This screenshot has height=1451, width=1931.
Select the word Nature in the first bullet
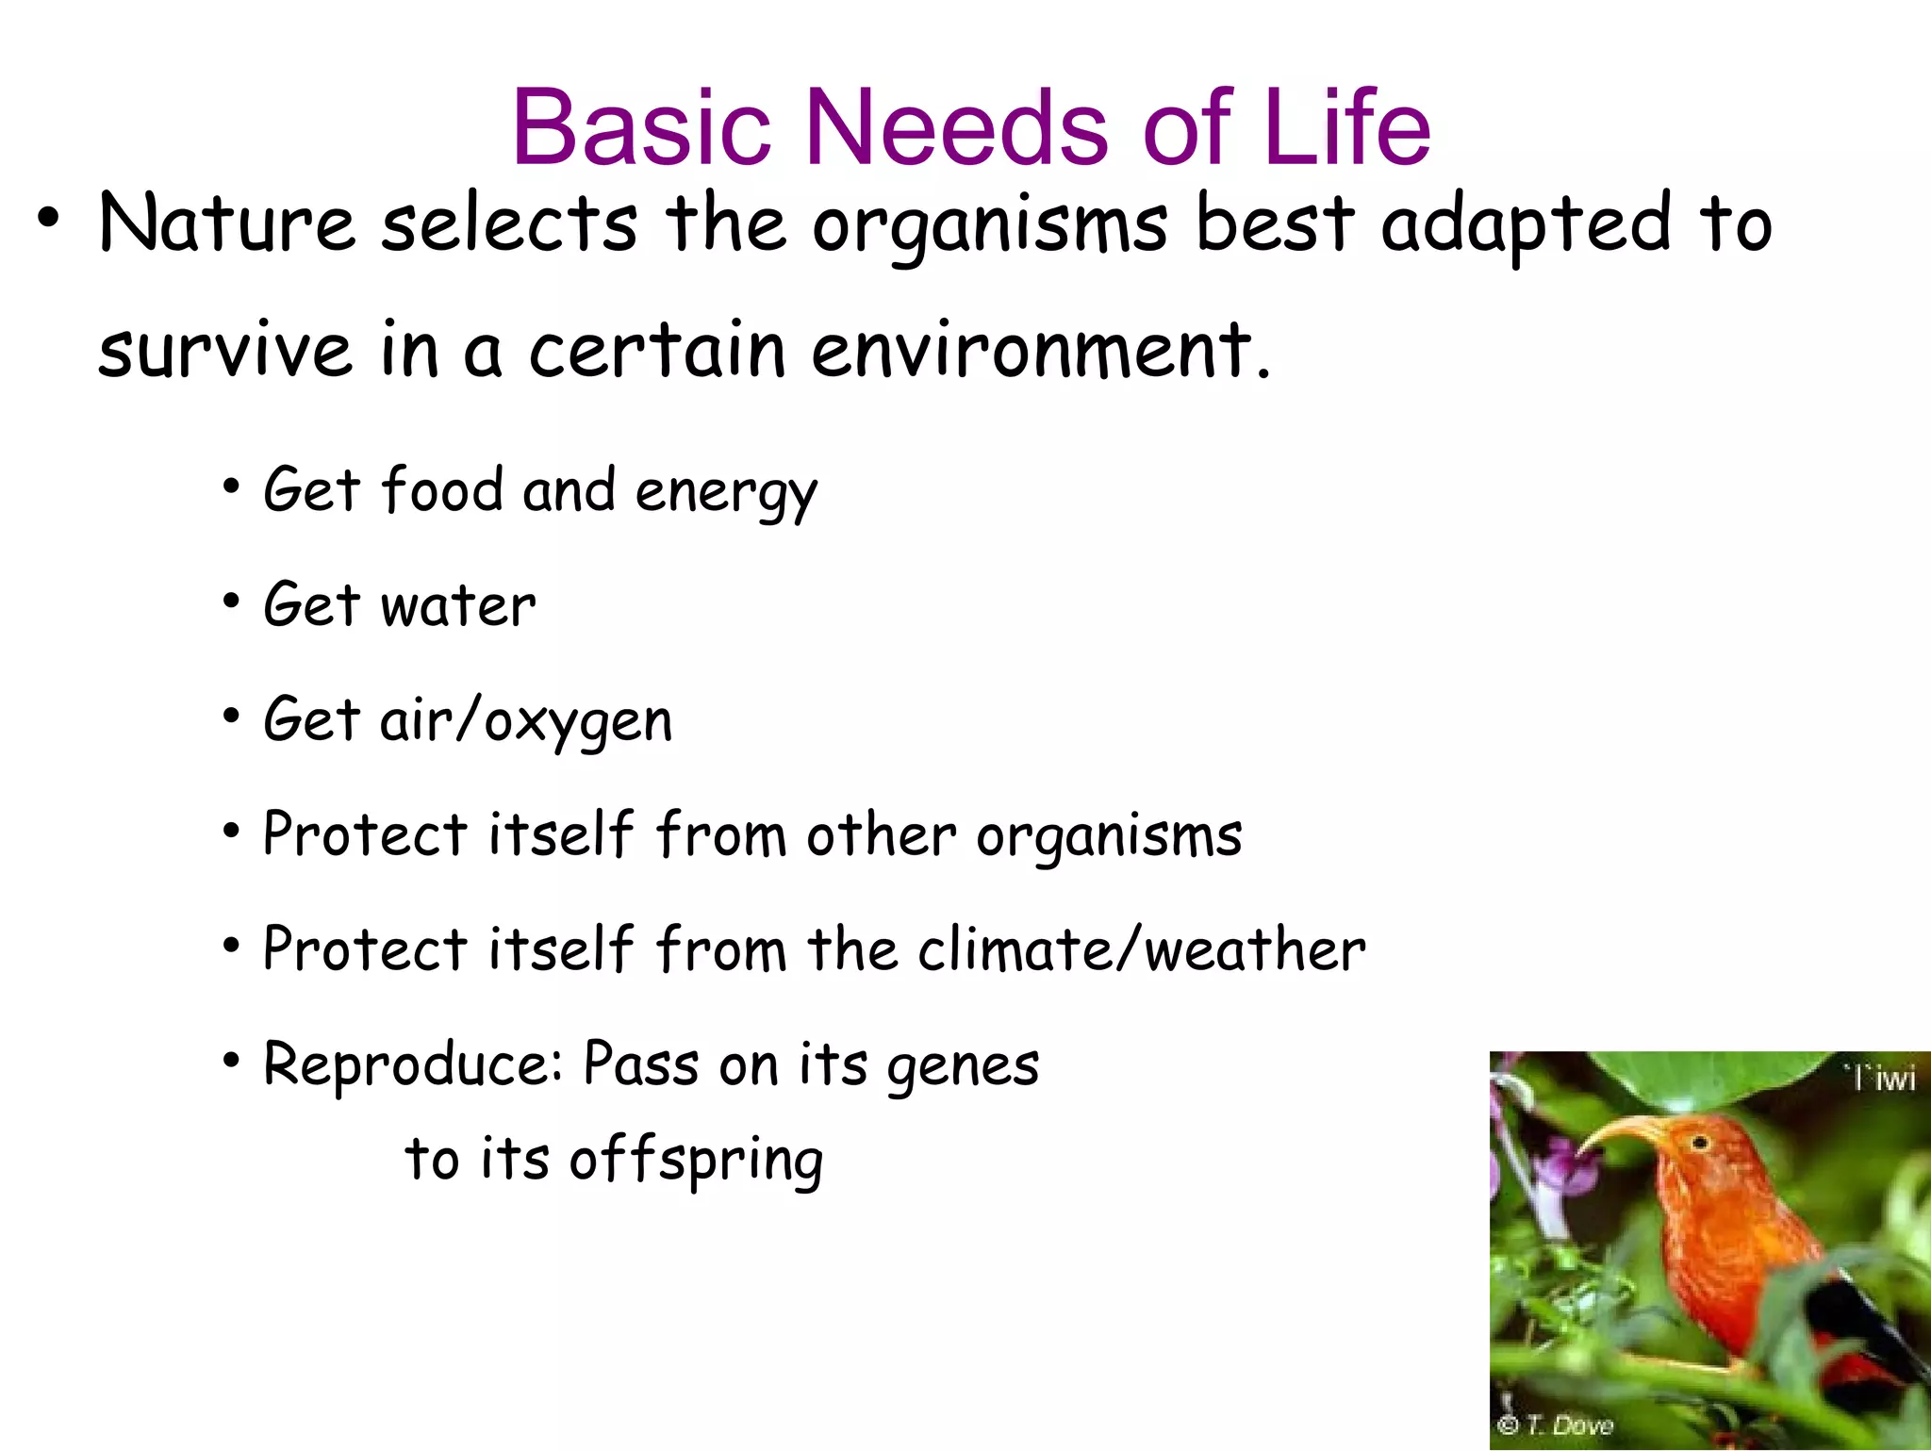227,223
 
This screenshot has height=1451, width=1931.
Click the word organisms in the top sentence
989,226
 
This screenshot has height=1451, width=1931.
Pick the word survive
225,351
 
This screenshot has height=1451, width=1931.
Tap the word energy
725,493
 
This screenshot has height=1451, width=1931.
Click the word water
458,605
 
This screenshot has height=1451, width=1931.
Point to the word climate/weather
1141,949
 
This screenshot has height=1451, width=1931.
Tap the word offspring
696,1160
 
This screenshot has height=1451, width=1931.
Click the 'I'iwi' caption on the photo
1880,1078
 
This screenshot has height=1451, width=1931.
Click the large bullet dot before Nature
49,221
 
